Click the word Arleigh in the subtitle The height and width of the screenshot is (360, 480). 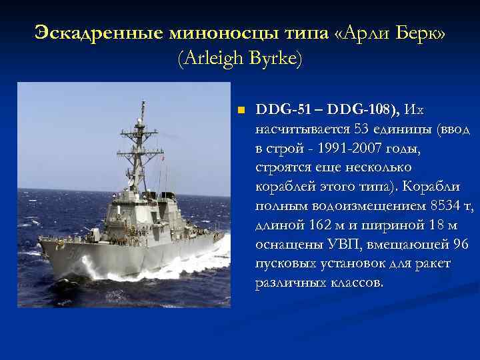[214, 59]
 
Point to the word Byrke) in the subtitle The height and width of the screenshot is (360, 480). [276, 59]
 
